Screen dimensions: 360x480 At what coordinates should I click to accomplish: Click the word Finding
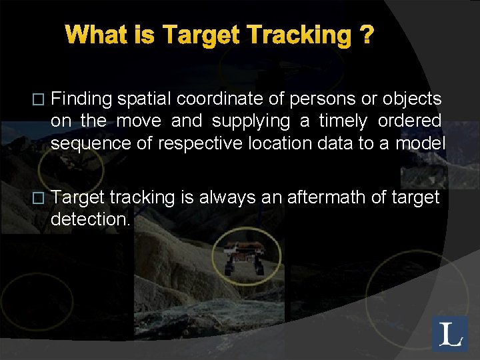pyautogui.click(x=81, y=99)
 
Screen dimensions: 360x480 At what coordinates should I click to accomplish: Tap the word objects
pyautogui.click(x=411, y=99)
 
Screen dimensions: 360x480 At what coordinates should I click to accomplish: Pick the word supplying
pyautogui.click(x=250, y=121)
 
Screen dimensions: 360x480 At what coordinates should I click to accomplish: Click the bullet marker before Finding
pyautogui.click(x=38, y=100)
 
